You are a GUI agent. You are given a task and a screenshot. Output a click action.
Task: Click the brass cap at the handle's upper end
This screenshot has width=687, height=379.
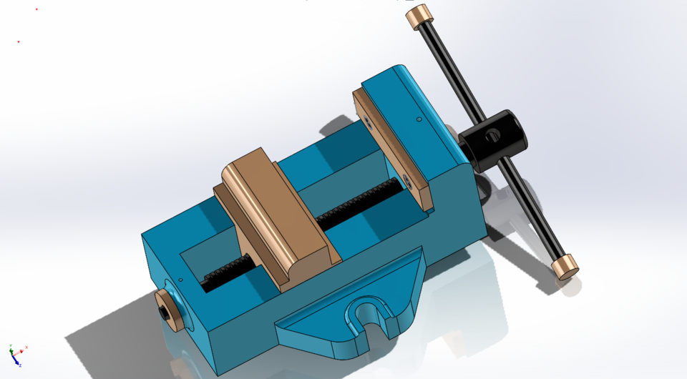coord(420,17)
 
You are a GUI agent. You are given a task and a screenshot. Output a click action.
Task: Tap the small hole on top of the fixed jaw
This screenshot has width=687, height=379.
coord(419,118)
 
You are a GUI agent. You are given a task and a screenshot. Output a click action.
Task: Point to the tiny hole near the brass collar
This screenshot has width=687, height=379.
coord(181,280)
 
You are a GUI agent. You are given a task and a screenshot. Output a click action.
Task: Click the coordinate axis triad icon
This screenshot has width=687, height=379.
coord(16,354)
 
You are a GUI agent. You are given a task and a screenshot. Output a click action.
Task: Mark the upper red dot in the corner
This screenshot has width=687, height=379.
coord(36,9)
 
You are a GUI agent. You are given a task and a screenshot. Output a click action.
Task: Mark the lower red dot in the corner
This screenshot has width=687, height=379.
coord(18,41)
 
